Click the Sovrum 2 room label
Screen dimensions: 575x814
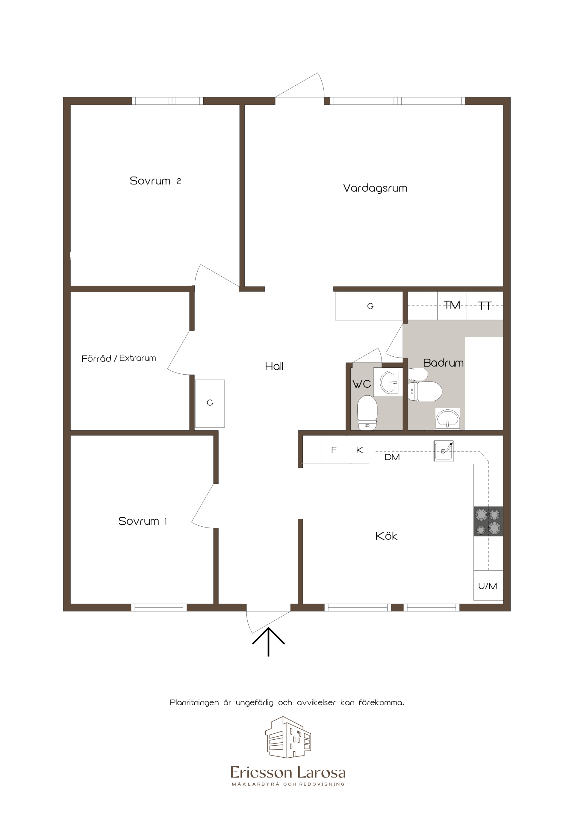point(155,181)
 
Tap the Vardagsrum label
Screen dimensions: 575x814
point(375,188)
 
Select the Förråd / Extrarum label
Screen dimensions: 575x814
point(119,358)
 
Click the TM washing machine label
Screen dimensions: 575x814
point(452,305)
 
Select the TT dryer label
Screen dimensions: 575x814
point(485,306)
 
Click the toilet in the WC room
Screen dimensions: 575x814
point(367,413)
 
